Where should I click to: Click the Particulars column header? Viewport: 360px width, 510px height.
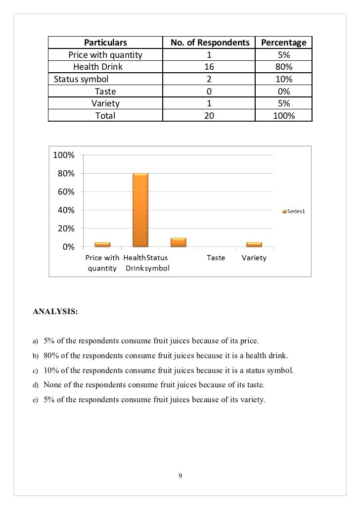coord(105,43)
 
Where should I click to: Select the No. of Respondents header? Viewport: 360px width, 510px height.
coord(210,43)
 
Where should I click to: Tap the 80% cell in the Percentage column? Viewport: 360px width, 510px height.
coord(284,67)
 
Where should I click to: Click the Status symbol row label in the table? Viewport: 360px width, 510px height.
coord(81,79)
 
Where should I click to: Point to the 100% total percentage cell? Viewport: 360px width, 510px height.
coord(284,116)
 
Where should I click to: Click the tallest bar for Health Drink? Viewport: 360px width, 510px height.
coord(140,210)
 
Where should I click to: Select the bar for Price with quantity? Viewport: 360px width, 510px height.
coord(102,244)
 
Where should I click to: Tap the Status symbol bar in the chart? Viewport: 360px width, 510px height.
coord(178,242)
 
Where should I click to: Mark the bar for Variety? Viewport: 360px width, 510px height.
coord(254,244)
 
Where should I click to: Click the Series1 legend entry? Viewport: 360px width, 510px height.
coord(294,212)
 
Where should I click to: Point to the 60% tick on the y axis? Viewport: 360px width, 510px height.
coord(65,191)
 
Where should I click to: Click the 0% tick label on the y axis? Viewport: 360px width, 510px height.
coord(68,247)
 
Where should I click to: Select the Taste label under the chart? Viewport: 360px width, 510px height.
coord(216,258)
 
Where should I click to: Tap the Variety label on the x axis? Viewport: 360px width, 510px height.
coord(254,258)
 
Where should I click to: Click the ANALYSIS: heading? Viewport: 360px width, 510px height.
coord(55,312)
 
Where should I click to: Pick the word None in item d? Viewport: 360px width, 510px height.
coord(52,384)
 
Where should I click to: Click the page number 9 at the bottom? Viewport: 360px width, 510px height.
coord(180,476)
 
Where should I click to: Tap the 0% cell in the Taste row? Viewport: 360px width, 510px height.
coord(284,92)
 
